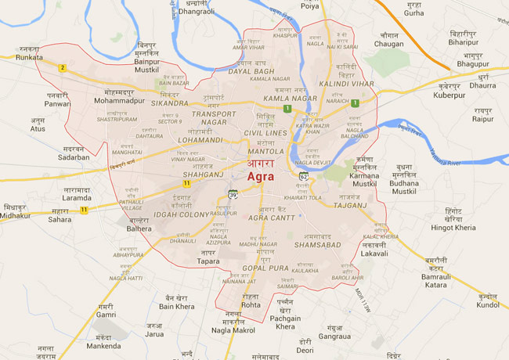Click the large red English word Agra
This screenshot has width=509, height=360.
261,177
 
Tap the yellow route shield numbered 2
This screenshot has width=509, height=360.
62,67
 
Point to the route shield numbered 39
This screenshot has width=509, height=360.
233,194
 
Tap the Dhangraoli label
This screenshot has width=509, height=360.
197,12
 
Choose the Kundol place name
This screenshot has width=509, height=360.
487,304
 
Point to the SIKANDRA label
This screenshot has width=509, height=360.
169,103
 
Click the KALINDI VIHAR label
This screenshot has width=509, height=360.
345,83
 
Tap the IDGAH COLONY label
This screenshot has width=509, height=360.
182,214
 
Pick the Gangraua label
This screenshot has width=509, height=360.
334,336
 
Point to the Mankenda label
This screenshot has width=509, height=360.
103,345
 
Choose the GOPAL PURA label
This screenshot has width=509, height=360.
266,267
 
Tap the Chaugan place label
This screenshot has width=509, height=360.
388,44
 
